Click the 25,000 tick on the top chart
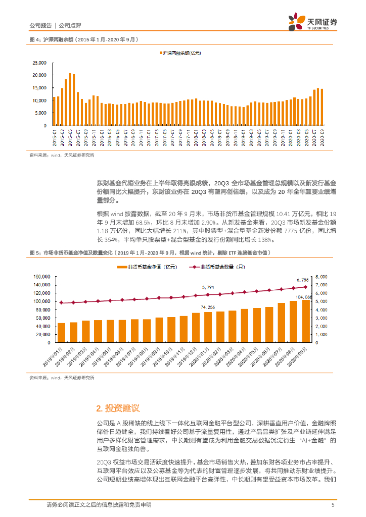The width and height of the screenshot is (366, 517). point(39,63)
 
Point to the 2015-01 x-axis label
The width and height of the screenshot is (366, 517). point(55,137)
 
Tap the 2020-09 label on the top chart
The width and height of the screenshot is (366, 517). point(322,137)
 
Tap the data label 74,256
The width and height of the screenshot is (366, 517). point(208,307)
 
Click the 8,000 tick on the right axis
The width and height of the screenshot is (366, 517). point(322,277)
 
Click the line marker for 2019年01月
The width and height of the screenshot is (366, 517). point(61,303)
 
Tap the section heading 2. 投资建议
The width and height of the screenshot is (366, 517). point(118,408)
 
